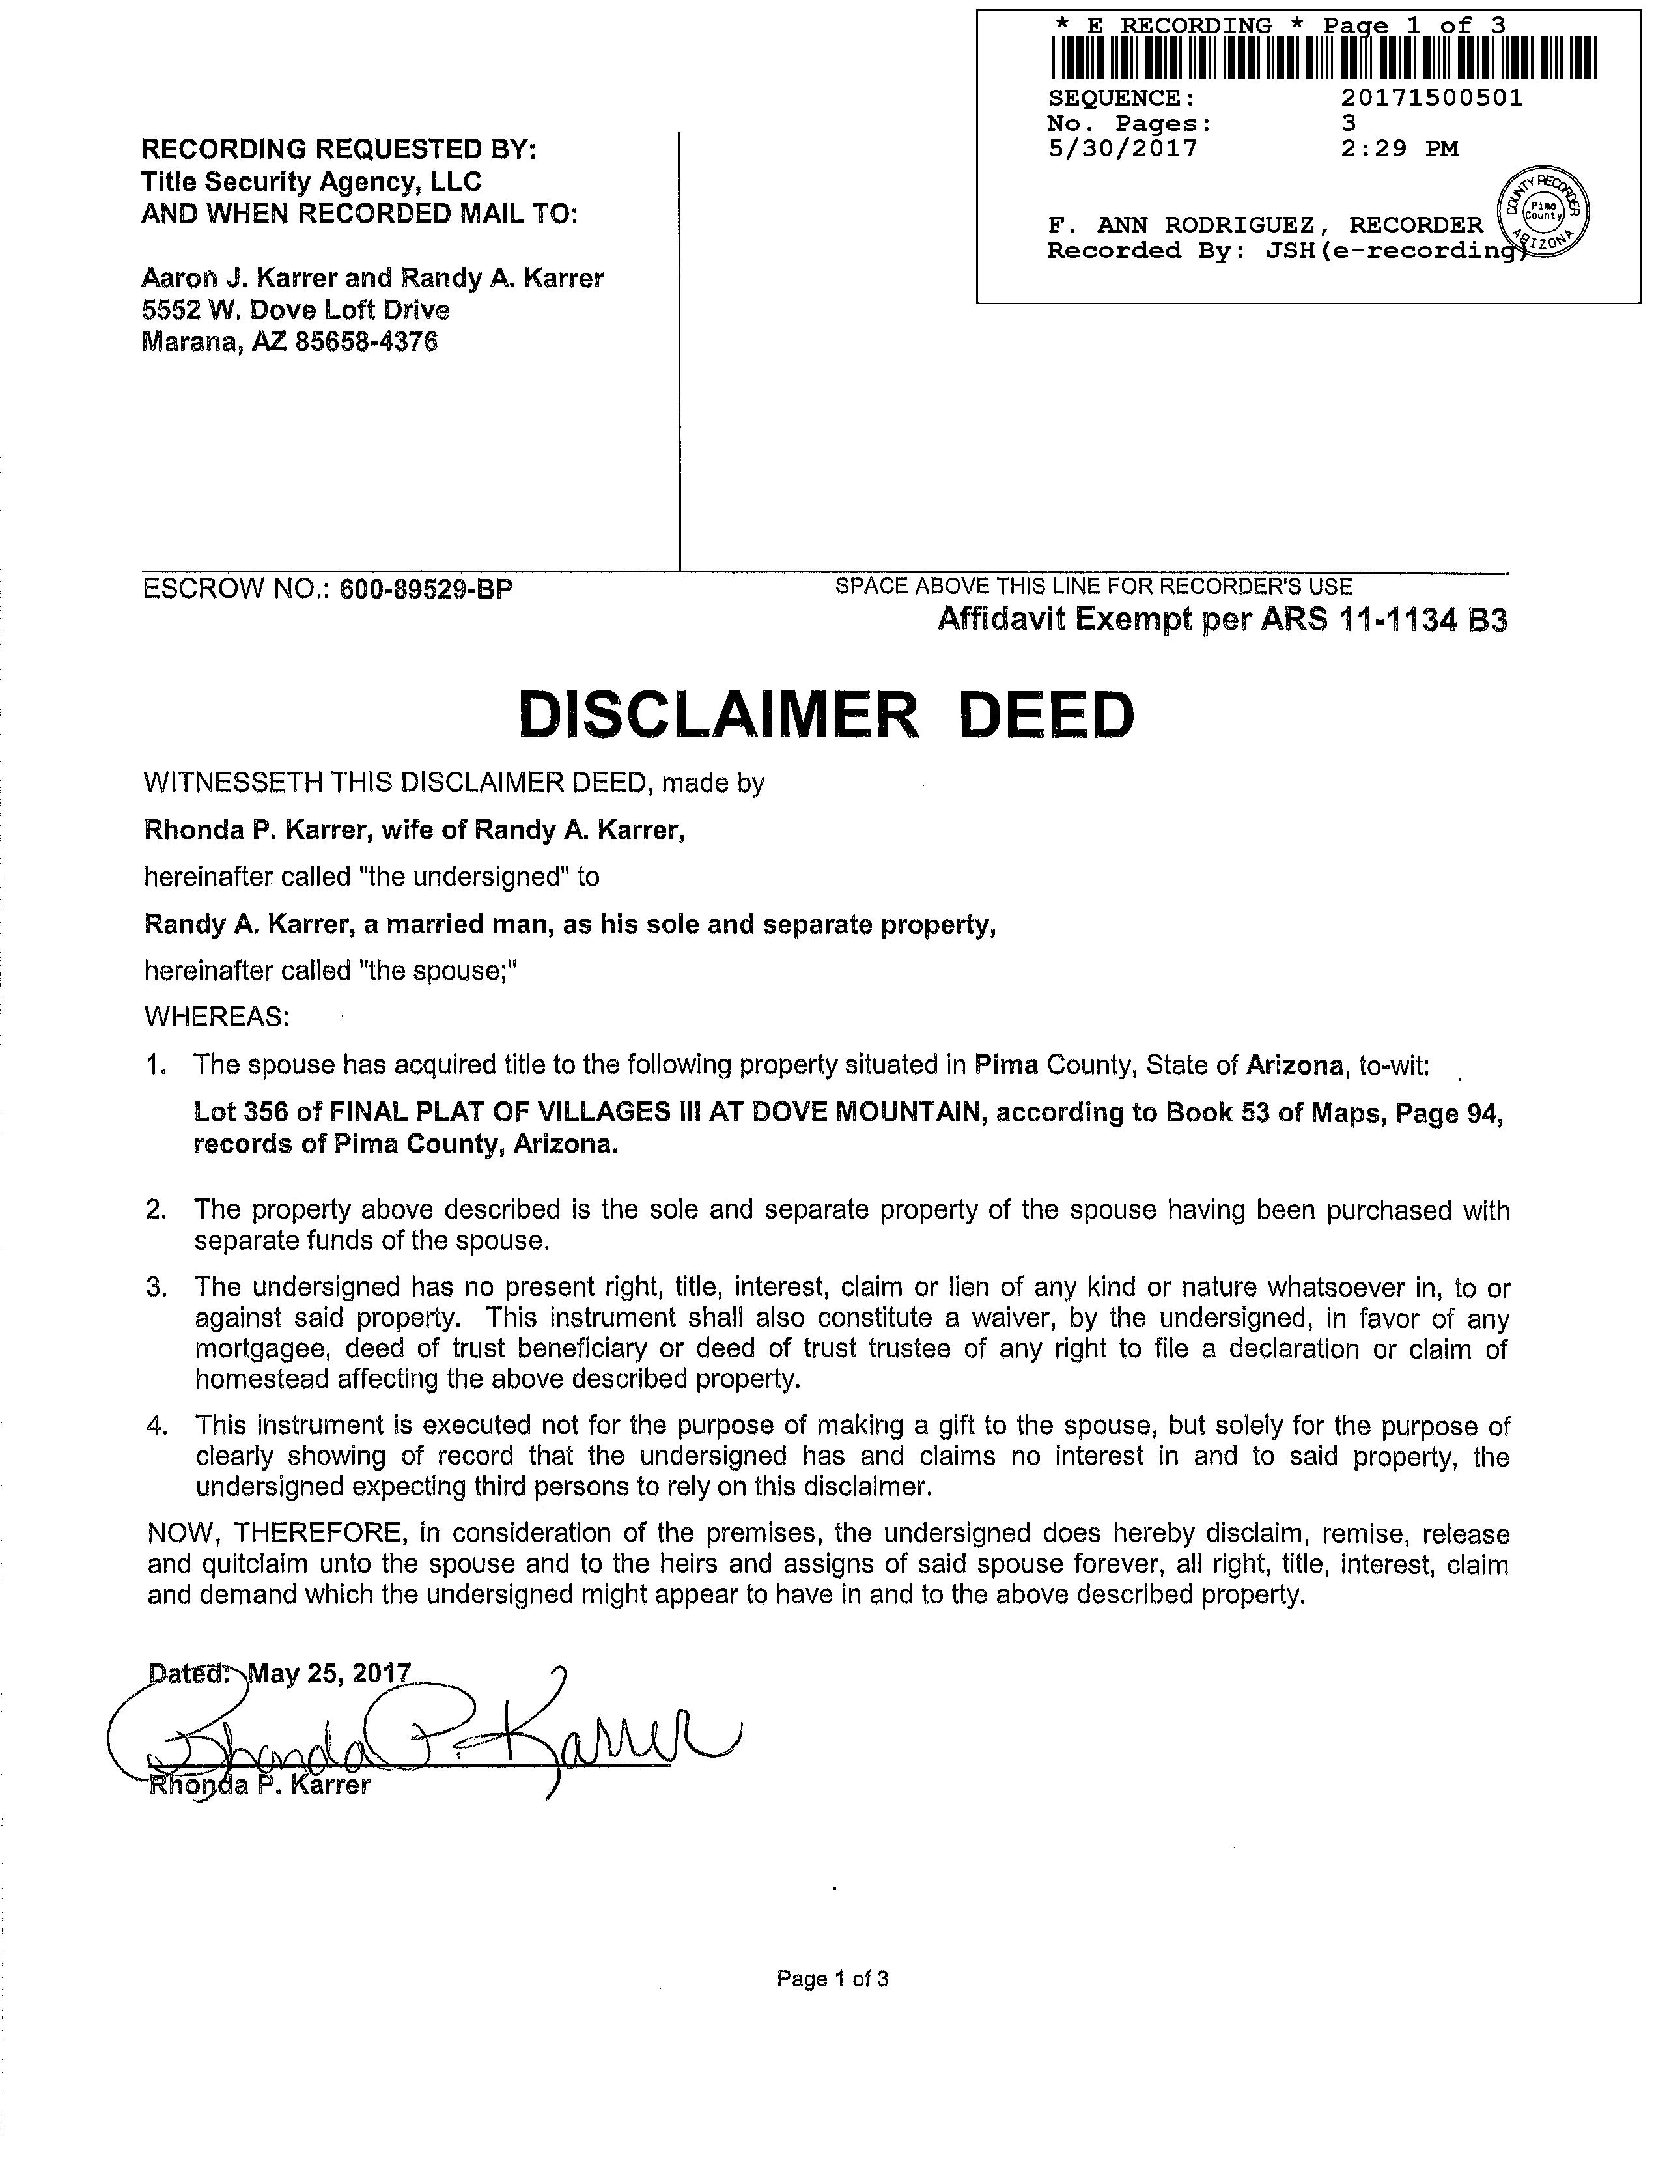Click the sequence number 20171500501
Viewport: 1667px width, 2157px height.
[x=1432, y=98]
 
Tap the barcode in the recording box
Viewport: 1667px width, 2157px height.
[x=1323, y=58]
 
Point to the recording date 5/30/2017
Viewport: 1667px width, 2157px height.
[x=1122, y=149]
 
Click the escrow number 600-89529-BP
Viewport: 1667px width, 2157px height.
[x=426, y=589]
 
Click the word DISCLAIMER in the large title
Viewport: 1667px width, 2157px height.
[x=718, y=715]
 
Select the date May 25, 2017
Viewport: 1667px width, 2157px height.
[x=329, y=1673]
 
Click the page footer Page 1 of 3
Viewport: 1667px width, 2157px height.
[x=832, y=1979]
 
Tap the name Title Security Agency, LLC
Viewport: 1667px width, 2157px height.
[x=311, y=182]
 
